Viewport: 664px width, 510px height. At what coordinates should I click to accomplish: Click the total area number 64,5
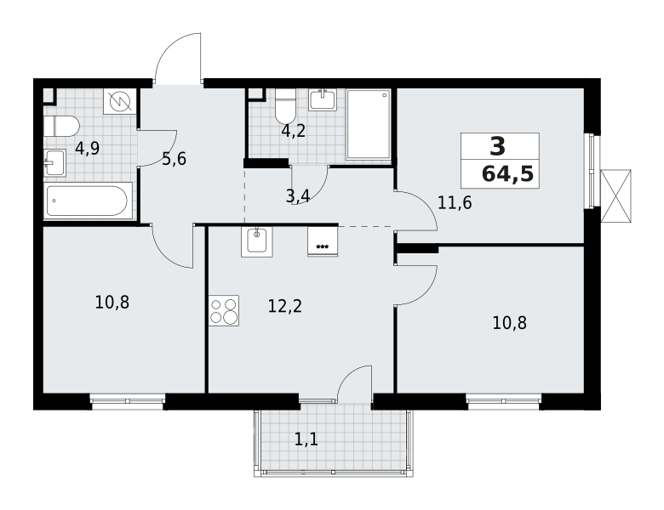[x=507, y=173]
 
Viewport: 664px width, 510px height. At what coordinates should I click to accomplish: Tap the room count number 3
[x=498, y=147]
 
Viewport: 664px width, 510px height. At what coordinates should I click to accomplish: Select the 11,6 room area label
[x=455, y=203]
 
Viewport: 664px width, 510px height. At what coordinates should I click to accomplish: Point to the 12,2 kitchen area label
[x=285, y=306]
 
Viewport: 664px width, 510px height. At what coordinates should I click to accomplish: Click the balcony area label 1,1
[x=306, y=440]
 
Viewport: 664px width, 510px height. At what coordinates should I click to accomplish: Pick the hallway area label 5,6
[x=174, y=159]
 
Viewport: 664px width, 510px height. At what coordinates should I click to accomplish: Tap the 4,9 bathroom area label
[x=87, y=149]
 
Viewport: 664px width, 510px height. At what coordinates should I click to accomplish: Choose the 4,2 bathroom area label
[x=294, y=131]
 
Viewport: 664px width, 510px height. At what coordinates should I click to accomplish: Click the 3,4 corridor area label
[x=298, y=196]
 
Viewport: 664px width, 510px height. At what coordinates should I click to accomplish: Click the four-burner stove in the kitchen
[x=224, y=310]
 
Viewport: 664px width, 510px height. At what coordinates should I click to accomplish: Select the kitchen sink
[x=256, y=241]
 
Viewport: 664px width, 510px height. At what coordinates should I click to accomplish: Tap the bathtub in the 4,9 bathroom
[x=88, y=201]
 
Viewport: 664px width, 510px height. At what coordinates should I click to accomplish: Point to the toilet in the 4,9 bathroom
[x=61, y=126]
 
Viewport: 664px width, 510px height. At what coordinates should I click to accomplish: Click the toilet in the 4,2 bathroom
[x=284, y=105]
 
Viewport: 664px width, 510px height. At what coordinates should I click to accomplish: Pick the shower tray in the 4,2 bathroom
[x=368, y=124]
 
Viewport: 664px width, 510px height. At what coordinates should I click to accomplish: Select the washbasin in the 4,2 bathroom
[x=323, y=99]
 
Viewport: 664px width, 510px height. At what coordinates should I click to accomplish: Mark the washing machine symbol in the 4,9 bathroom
[x=120, y=101]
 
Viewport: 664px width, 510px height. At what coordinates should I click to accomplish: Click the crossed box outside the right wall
[x=615, y=195]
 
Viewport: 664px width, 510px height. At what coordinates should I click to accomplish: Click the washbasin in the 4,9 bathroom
[x=55, y=163]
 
